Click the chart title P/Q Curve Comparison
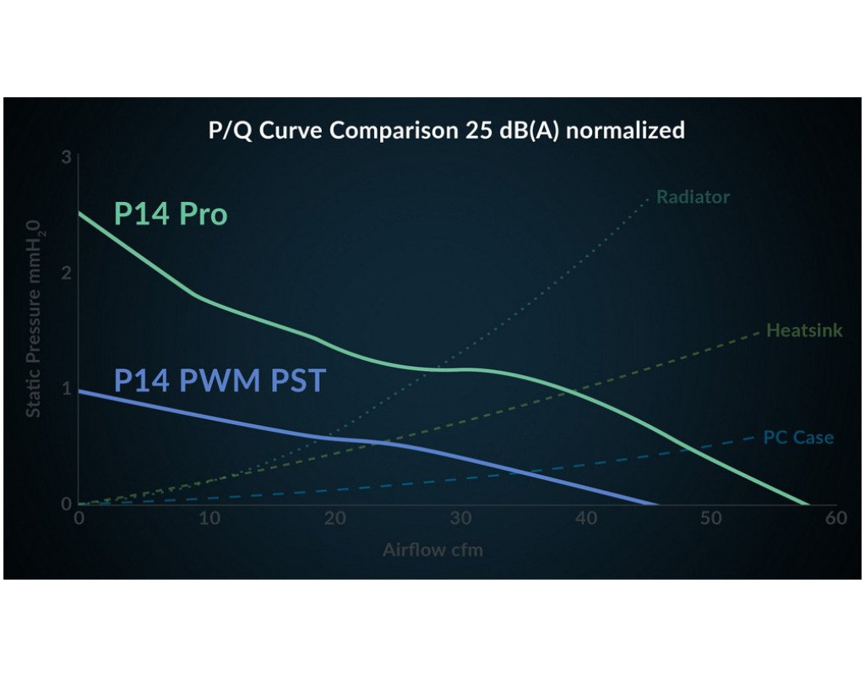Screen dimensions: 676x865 [446, 131]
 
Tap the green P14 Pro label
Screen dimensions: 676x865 [171, 215]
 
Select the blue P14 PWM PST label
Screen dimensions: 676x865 [220, 380]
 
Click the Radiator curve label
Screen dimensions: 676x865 [693, 197]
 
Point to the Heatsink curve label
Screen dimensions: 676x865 [803, 330]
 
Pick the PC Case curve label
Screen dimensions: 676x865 [798, 438]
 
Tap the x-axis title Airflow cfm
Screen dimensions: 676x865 [432, 550]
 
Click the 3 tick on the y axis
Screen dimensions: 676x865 [66, 157]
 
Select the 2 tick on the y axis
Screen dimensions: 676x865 [66, 273]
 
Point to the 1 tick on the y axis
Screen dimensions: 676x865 [66, 389]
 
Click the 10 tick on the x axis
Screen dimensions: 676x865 [209, 518]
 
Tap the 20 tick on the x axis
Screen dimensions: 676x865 [335, 518]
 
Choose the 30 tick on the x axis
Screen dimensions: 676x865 [460, 518]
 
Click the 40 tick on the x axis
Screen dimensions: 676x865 [585, 518]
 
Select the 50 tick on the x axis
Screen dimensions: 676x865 [710, 518]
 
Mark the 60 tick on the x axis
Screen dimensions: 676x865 [836, 518]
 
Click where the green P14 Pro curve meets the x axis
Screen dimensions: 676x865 [806, 504]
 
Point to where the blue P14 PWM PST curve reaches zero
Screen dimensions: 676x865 [656, 504]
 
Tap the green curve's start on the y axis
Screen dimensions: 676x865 [79, 212]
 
